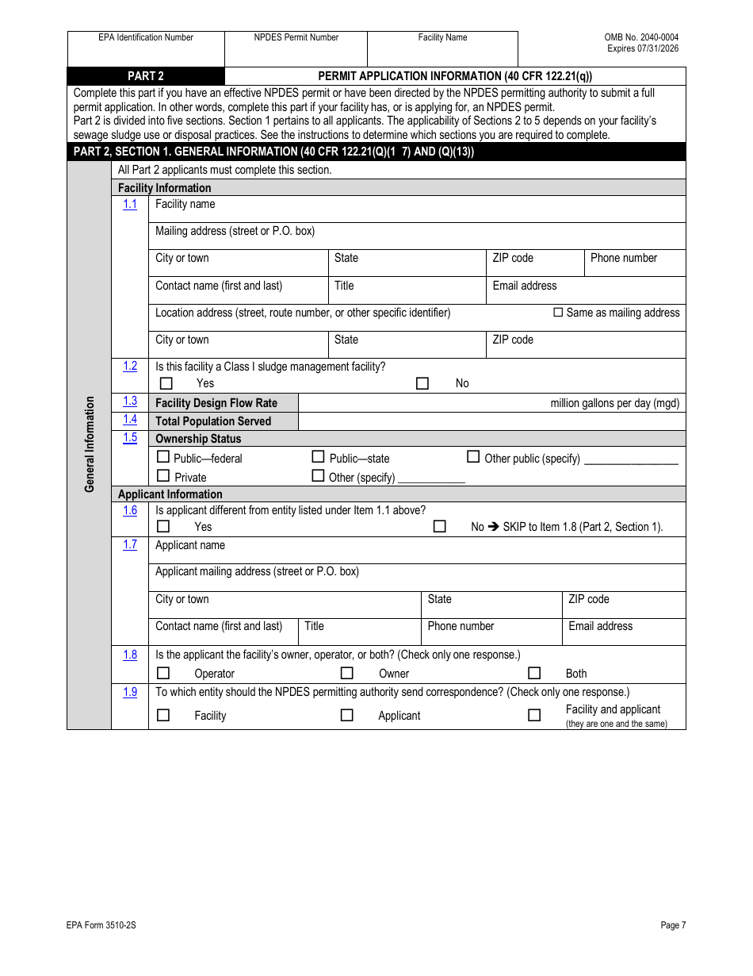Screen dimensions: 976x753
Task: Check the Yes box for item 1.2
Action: [166, 383]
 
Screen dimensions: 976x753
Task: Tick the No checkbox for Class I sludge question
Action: [422, 383]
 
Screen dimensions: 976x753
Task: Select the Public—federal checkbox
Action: [163, 457]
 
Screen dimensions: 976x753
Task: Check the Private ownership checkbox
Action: [163, 476]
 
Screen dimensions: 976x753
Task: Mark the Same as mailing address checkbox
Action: [558, 313]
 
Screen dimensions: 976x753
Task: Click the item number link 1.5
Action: [130, 438]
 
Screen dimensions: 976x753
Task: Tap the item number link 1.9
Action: [130, 692]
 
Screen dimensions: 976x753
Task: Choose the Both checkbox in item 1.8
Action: [534, 673]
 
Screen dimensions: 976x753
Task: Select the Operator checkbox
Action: [163, 673]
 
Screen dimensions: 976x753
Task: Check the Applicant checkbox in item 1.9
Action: [346, 715]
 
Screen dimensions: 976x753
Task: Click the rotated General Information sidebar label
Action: [90, 444]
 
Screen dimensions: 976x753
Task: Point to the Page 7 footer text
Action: [673, 924]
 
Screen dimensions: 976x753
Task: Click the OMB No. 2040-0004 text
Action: [641, 37]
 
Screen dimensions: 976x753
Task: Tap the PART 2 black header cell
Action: [146, 76]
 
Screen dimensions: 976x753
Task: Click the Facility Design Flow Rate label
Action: [216, 403]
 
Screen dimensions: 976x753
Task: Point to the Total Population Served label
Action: [213, 421]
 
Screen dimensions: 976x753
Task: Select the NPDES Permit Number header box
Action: [296, 48]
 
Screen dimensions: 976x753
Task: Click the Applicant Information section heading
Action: [170, 494]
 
